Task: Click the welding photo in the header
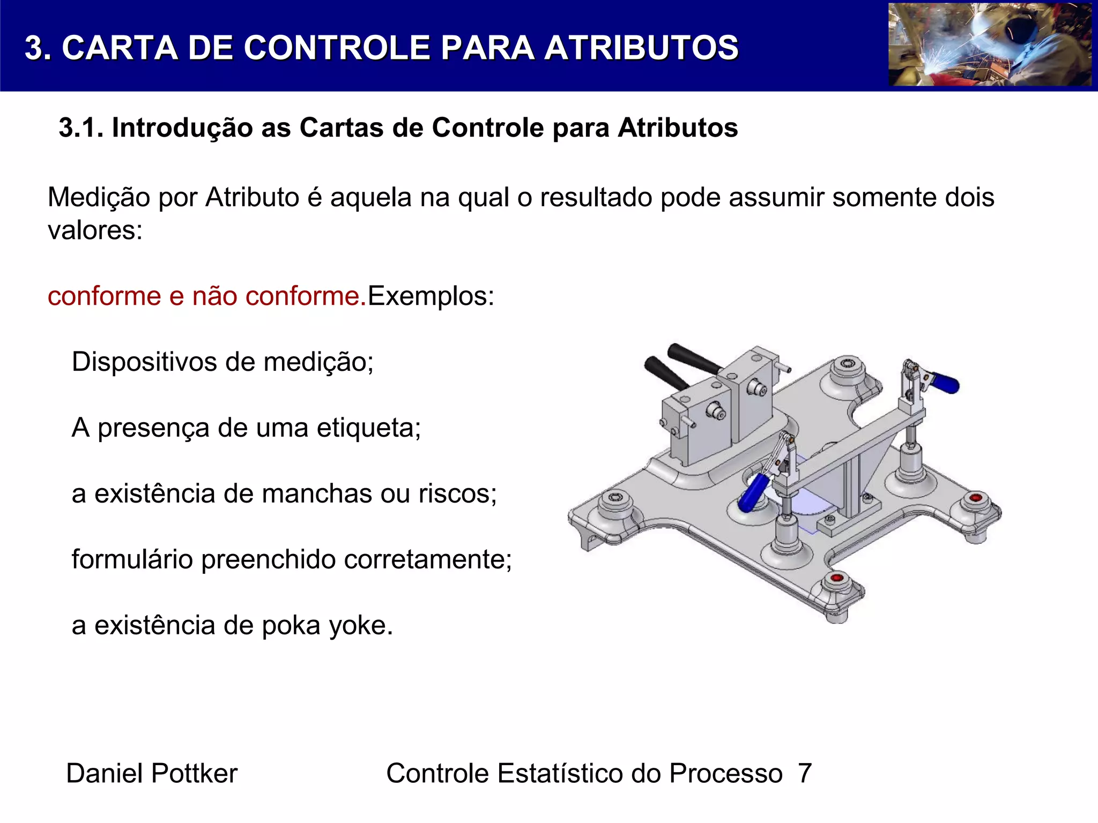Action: pos(990,44)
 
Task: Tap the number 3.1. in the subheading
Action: pos(81,128)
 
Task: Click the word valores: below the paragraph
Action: pos(95,230)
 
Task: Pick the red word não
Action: pos(214,296)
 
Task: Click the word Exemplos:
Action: pos(431,296)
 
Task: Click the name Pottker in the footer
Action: pos(194,773)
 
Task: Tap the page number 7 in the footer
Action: pos(804,773)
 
